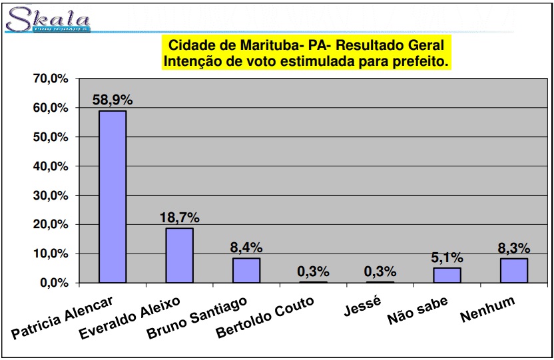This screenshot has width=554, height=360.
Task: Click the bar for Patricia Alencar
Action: click(113, 196)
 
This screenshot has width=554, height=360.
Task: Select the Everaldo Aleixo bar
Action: click(179, 256)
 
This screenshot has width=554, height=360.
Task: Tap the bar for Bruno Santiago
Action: click(246, 270)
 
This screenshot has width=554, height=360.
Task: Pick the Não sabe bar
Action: click(447, 275)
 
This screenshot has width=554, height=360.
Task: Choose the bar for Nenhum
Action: click(514, 270)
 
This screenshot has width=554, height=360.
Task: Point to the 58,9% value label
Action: click(113, 100)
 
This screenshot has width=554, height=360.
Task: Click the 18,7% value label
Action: click(179, 218)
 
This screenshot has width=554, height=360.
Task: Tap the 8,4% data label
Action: click(246, 248)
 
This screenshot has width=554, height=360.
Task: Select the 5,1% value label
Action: click(447, 258)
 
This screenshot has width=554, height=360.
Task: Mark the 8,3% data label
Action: click(514, 248)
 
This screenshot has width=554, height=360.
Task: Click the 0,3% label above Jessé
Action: click(380, 271)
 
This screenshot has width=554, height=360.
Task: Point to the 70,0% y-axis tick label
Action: click(51, 79)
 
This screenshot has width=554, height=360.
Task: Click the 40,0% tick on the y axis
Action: click(51, 166)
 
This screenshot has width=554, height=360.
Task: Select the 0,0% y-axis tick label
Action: click(53, 283)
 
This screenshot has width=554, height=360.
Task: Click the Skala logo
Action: click(47, 19)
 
